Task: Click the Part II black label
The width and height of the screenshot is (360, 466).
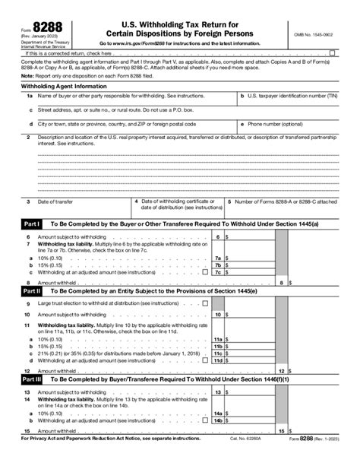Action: [x=30, y=290]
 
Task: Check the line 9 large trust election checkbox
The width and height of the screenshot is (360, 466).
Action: [x=205, y=303]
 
